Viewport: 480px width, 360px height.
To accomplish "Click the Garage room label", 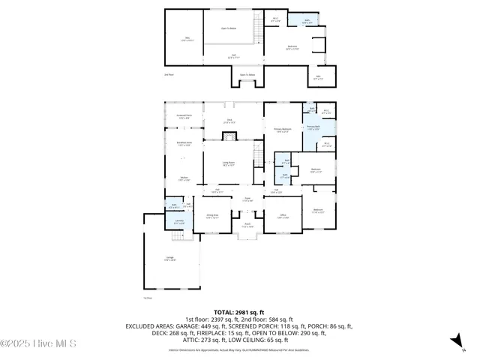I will [x=169, y=258].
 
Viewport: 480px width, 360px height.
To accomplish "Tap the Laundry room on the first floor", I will [x=178, y=223].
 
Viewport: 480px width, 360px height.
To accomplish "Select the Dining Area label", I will [x=213, y=216].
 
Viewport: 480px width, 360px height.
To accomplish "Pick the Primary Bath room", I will [x=313, y=127].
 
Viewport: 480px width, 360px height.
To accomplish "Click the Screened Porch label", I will [x=184, y=116].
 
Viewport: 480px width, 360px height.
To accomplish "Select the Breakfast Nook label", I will [x=184, y=144].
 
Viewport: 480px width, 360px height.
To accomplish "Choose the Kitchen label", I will [x=184, y=178].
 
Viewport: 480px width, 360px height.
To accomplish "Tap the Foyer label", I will [x=246, y=199].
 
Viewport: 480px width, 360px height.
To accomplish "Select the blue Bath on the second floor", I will [x=297, y=23].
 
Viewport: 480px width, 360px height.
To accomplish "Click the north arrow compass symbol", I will [x=454, y=341].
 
